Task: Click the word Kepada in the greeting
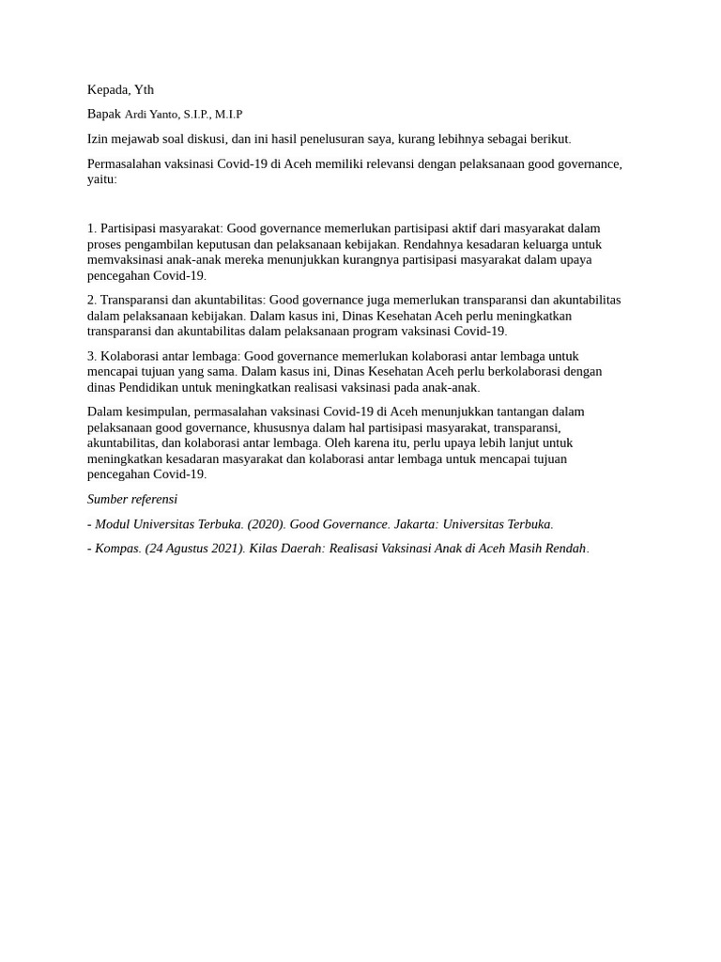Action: pos(108,90)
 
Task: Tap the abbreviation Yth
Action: pos(144,90)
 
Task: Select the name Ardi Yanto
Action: pos(152,115)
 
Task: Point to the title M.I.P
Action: pos(228,115)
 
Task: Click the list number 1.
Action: pos(92,228)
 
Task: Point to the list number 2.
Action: pos(92,300)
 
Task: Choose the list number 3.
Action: pos(92,356)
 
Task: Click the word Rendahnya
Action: pos(431,244)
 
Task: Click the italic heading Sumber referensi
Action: pos(132,500)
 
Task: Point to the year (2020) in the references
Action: pos(266,524)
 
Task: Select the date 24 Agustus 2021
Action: pos(195,549)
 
